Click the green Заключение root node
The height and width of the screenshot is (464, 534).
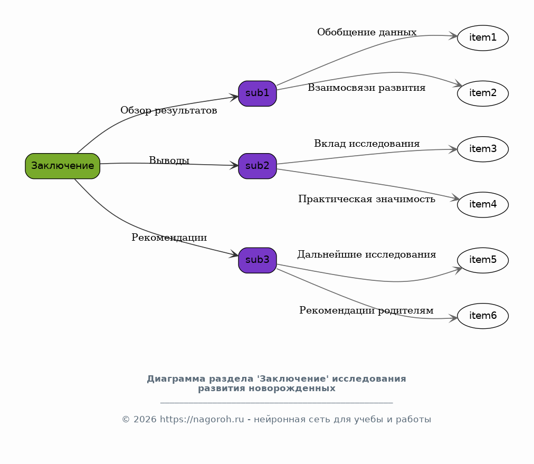click(x=62, y=166)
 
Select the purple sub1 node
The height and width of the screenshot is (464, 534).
click(x=258, y=93)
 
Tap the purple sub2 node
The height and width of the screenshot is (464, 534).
click(x=258, y=166)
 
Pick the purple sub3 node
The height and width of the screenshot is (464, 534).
click(x=258, y=260)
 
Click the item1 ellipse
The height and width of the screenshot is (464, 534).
click(x=482, y=38)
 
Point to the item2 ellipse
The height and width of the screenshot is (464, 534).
click(x=482, y=93)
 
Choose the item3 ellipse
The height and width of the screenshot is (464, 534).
click(x=482, y=149)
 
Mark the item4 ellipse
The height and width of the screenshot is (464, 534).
click(x=482, y=205)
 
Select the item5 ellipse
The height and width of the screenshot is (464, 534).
click(x=482, y=260)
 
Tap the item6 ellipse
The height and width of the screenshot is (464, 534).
click(x=482, y=316)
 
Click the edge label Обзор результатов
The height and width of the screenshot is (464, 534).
click(x=168, y=111)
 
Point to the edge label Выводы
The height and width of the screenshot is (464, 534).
click(x=169, y=160)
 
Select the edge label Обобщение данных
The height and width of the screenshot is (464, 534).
click(x=367, y=33)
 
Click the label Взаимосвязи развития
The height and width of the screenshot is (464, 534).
click(x=367, y=88)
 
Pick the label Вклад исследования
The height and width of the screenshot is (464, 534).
click(x=367, y=144)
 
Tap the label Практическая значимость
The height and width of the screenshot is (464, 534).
click(x=367, y=200)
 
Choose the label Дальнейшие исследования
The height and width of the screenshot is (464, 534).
click(x=367, y=255)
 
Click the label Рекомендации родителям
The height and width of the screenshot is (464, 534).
click(x=366, y=310)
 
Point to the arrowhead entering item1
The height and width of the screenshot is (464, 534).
click(x=453, y=36)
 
